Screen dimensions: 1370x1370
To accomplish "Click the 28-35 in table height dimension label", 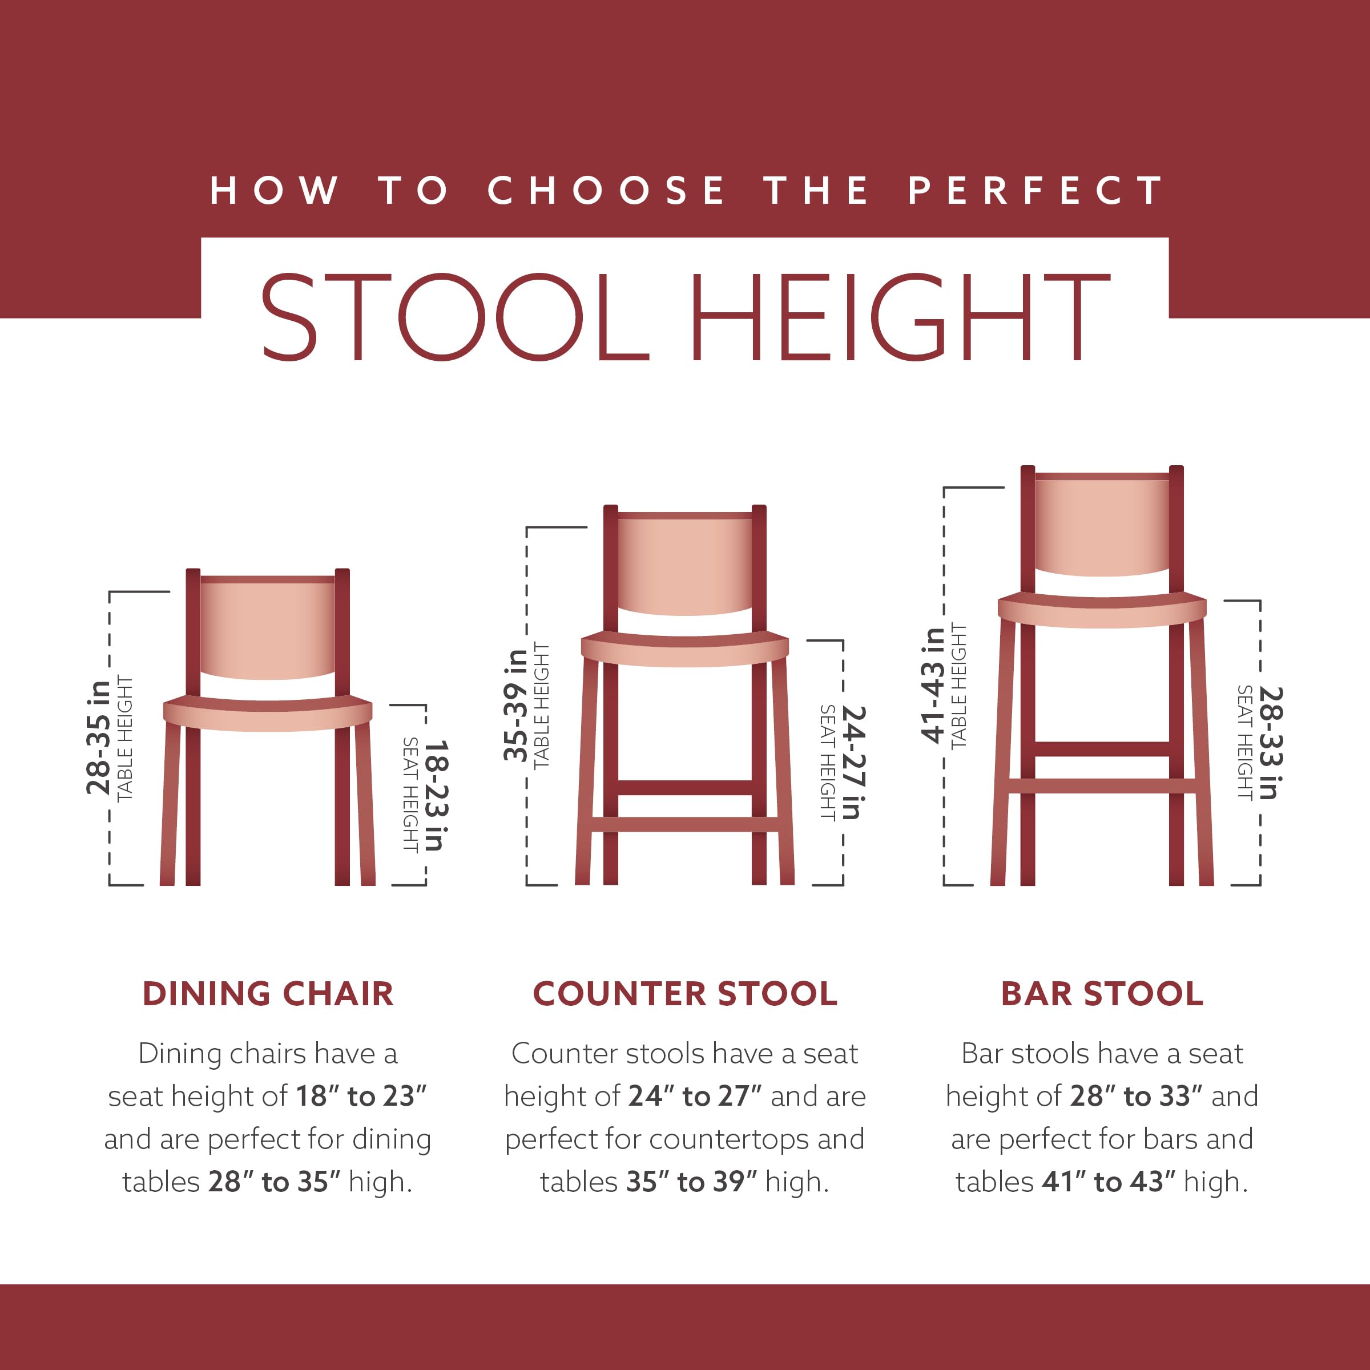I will tap(99, 738).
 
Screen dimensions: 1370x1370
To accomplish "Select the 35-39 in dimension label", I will tap(516, 705).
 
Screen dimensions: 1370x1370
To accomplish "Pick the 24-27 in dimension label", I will tap(853, 761).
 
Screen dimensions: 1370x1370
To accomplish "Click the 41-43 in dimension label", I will tap(933, 685).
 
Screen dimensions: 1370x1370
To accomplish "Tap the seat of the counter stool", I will tap(685, 649).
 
